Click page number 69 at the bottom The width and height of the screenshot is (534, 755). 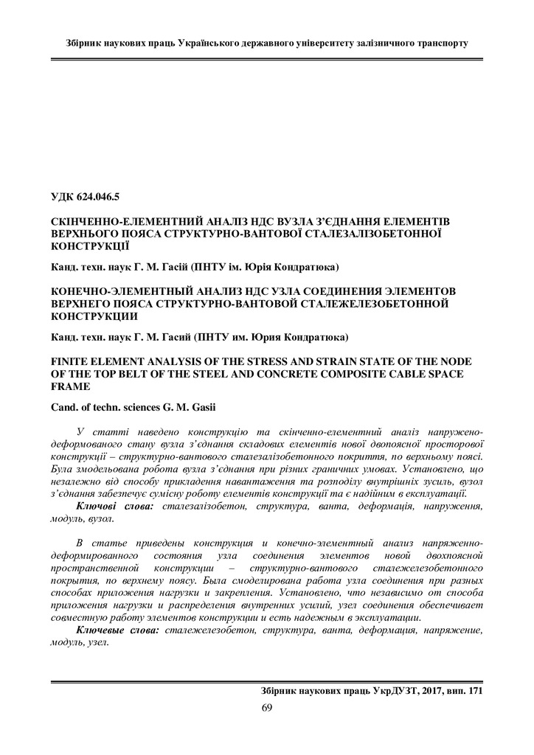click(x=267, y=709)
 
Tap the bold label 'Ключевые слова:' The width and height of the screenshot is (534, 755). click(x=117, y=631)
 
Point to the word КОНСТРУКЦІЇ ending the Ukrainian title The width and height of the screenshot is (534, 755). click(x=90, y=245)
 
